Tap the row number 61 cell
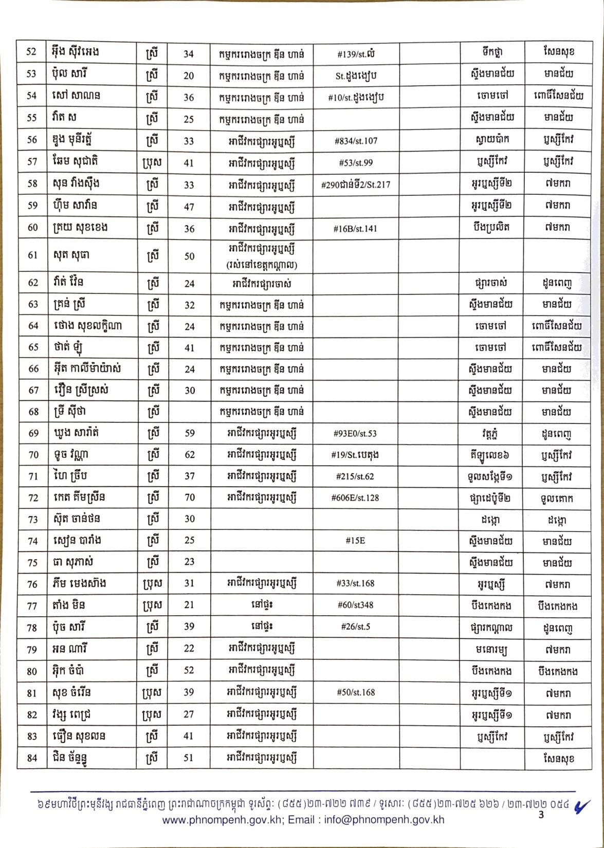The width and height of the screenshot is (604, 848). (32, 255)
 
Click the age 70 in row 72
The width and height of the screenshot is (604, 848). (189, 497)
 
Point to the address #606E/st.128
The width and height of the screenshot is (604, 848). (356, 497)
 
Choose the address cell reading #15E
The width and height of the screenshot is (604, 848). (356, 541)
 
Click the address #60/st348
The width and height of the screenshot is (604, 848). (356, 605)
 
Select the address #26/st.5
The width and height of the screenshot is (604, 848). (356, 627)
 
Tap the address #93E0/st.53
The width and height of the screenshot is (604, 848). (356, 433)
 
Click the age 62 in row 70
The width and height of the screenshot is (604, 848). (189, 455)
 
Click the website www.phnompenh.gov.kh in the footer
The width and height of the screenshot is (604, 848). (222, 820)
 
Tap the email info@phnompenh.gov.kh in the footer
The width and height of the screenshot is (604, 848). (384, 820)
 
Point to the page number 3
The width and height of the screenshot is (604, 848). (541, 815)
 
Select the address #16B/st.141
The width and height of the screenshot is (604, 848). (356, 228)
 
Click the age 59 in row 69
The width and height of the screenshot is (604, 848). (189, 433)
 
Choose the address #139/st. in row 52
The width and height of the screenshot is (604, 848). (356, 53)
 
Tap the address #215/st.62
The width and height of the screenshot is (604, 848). (356, 476)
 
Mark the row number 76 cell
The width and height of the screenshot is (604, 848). (32, 584)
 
